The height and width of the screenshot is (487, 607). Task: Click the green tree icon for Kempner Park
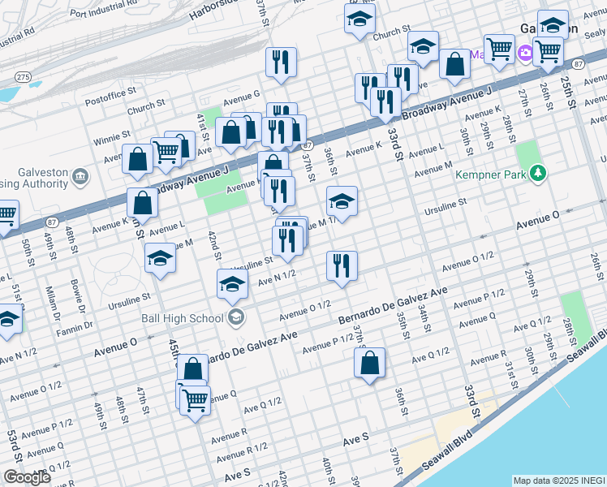point(536,173)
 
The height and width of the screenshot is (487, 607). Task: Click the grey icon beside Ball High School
point(236,317)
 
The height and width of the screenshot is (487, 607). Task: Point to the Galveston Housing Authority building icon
point(80,176)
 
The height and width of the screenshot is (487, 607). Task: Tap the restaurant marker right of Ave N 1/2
point(341,265)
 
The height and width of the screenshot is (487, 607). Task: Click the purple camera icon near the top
point(527,53)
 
